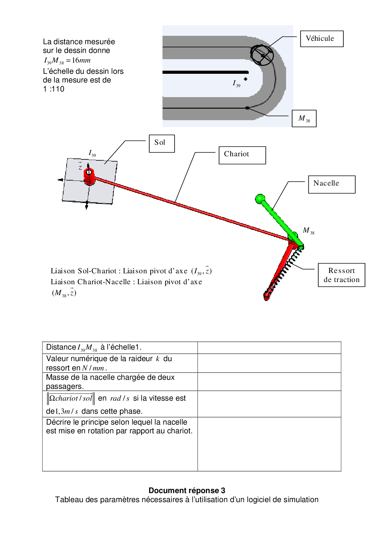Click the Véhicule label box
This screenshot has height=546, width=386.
click(322, 39)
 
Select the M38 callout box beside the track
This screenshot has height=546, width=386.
click(304, 119)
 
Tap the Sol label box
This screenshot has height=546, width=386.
click(162, 144)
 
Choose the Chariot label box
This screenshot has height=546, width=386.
click(242, 155)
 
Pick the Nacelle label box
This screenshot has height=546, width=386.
click(332, 184)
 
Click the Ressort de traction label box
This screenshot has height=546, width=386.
click(341, 275)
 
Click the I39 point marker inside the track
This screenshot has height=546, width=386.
click(245, 79)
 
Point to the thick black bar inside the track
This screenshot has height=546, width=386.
click(205, 72)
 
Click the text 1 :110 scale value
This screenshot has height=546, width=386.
click(54, 89)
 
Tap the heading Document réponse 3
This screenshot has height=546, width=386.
click(187, 491)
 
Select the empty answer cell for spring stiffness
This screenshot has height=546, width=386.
click(269, 363)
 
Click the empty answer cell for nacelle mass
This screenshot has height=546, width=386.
click(269, 382)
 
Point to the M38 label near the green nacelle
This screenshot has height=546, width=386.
click(308, 231)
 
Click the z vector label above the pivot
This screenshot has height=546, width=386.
click(80, 167)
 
